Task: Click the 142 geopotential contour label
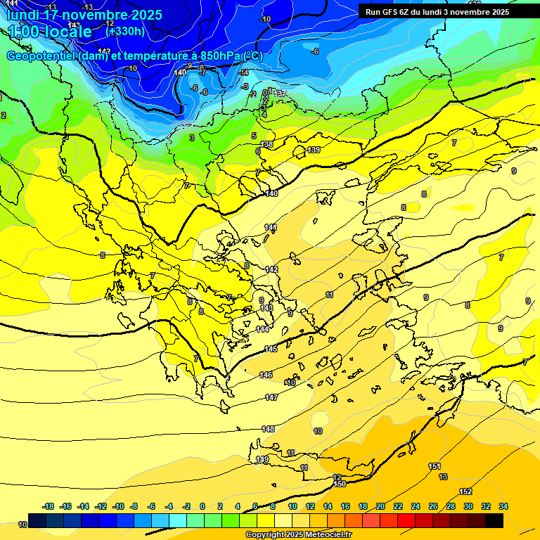(271, 269)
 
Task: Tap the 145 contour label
(271, 349)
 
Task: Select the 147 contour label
(271, 397)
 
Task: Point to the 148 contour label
(268, 429)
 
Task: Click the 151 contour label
(435, 466)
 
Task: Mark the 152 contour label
(465, 491)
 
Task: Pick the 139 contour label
(314, 150)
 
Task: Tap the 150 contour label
(340, 484)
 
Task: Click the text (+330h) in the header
(125, 31)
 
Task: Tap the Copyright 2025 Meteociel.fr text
(298, 535)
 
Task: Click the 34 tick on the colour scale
(503, 506)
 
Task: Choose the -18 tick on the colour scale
(49, 506)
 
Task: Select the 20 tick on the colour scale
(380, 506)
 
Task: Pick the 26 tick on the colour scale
(433, 506)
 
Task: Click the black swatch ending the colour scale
(494, 520)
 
